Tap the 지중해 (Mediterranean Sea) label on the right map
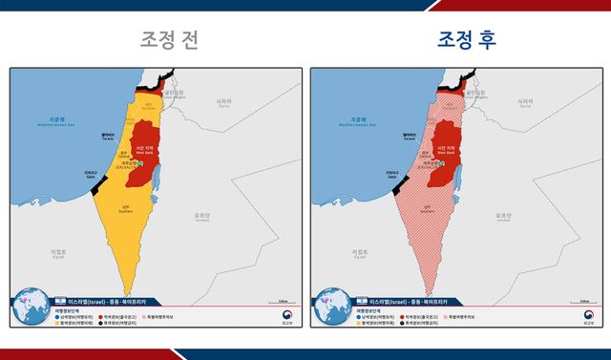(355, 121)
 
